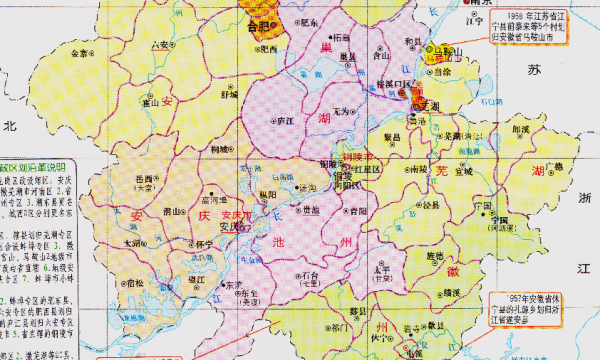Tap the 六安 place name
tap(160, 45)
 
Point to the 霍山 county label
tap(152, 101)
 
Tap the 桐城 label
tap(218, 149)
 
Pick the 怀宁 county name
tap(204, 242)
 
